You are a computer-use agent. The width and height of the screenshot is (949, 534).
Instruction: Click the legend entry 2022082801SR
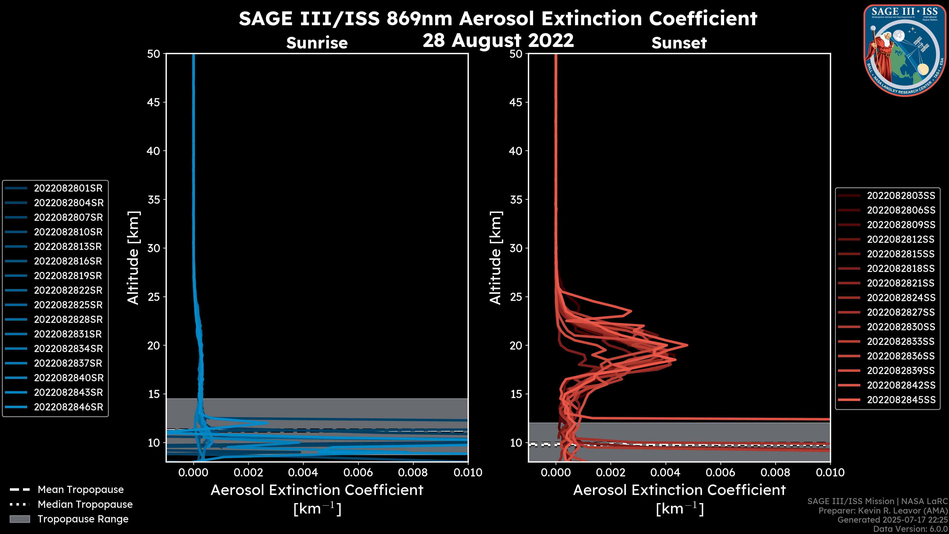tap(68, 188)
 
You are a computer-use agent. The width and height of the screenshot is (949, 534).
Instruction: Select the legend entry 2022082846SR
tap(68, 407)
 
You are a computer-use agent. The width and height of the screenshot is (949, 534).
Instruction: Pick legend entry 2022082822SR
tap(68, 290)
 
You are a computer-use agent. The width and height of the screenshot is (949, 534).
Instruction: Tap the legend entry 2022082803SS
tap(901, 196)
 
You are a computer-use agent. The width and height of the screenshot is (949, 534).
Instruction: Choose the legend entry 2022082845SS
tap(901, 400)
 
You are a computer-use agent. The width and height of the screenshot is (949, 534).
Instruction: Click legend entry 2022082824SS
tap(901, 298)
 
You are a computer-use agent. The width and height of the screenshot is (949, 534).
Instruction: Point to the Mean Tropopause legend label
tap(81, 490)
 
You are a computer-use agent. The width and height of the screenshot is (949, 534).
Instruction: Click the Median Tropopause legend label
tap(85, 505)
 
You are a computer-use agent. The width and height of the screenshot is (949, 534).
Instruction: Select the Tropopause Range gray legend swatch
tap(20, 519)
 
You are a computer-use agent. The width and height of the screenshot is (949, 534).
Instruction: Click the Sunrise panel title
tap(317, 43)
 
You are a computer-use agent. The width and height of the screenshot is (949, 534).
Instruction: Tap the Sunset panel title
tap(679, 43)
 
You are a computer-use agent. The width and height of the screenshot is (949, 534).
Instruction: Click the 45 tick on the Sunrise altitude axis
tap(154, 102)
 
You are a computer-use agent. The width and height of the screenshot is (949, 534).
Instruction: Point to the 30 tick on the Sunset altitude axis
tap(516, 248)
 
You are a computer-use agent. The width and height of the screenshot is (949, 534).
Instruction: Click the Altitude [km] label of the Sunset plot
tap(496, 258)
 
